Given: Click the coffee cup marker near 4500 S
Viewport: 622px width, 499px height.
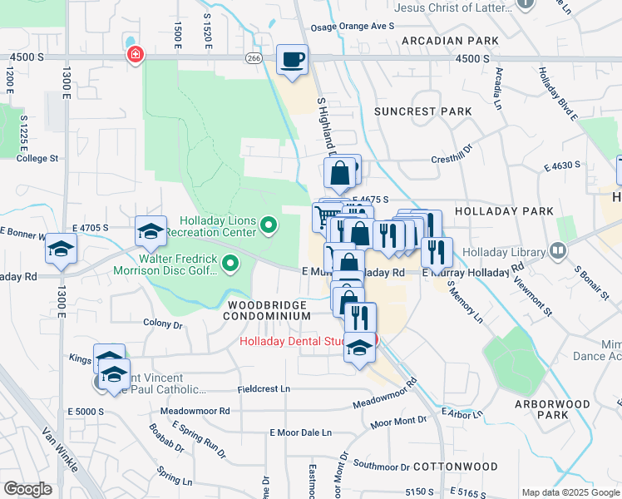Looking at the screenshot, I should pos(292,60).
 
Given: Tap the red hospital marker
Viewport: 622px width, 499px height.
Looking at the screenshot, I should pos(133,55).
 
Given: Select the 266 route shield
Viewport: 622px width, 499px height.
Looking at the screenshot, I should pos(254,58).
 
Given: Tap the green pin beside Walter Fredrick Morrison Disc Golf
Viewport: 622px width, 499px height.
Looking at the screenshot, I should pos(230,265).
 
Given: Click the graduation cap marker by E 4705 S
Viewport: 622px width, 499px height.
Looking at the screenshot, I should pos(151,232).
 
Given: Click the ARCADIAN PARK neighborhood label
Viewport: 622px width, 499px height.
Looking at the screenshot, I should pos(449,40).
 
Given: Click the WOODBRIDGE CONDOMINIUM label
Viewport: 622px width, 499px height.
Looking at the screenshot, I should pos(266,311).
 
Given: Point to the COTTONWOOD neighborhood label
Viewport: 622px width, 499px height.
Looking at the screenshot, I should pos(455,467).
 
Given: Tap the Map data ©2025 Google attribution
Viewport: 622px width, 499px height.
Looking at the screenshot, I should pos(570,492).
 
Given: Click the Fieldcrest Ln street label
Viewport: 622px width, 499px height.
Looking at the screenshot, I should pos(264,388).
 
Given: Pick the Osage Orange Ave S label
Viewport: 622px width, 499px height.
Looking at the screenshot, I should pos(359,26).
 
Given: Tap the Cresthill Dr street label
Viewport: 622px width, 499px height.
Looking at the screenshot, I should pos(451,159).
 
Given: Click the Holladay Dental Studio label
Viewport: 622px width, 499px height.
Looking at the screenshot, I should pos(304,341).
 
